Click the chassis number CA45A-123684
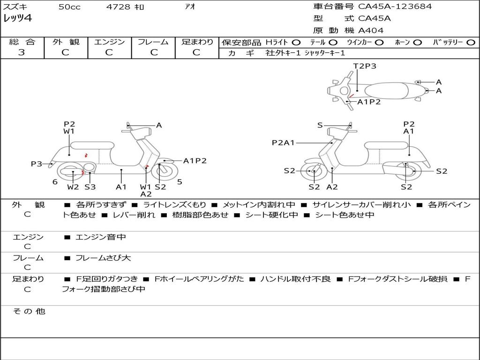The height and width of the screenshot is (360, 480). pyautogui.click(x=395, y=7)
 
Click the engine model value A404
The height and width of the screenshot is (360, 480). pyautogui.click(x=371, y=30)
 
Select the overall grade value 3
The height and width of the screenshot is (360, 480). pyautogui.click(x=22, y=52)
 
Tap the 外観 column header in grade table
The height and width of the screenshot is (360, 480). pyautogui.click(x=66, y=42)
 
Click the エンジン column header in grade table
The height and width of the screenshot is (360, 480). pyautogui.click(x=109, y=42)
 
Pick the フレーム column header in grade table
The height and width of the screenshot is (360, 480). pyautogui.click(x=153, y=42)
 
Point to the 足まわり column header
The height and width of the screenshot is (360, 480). pyautogui.click(x=197, y=42)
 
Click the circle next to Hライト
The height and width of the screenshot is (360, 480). pyautogui.click(x=296, y=43)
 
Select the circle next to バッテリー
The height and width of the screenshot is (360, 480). pyautogui.click(x=470, y=43)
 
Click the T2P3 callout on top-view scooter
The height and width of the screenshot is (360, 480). pyautogui.click(x=365, y=66)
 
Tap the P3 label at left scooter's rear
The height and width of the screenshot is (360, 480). pyautogui.click(x=37, y=164)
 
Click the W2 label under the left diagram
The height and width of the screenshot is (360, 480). pyautogui.click(x=73, y=187)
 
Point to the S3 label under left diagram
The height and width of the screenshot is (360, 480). pyautogui.click(x=90, y=187)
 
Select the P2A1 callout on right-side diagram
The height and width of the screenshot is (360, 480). pyautogui.click(x=283, y=142)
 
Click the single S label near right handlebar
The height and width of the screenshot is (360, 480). pyautogui.click(x=320, y=125)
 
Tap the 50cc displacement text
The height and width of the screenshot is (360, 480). pyautogui.click(x=69, y=7)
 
